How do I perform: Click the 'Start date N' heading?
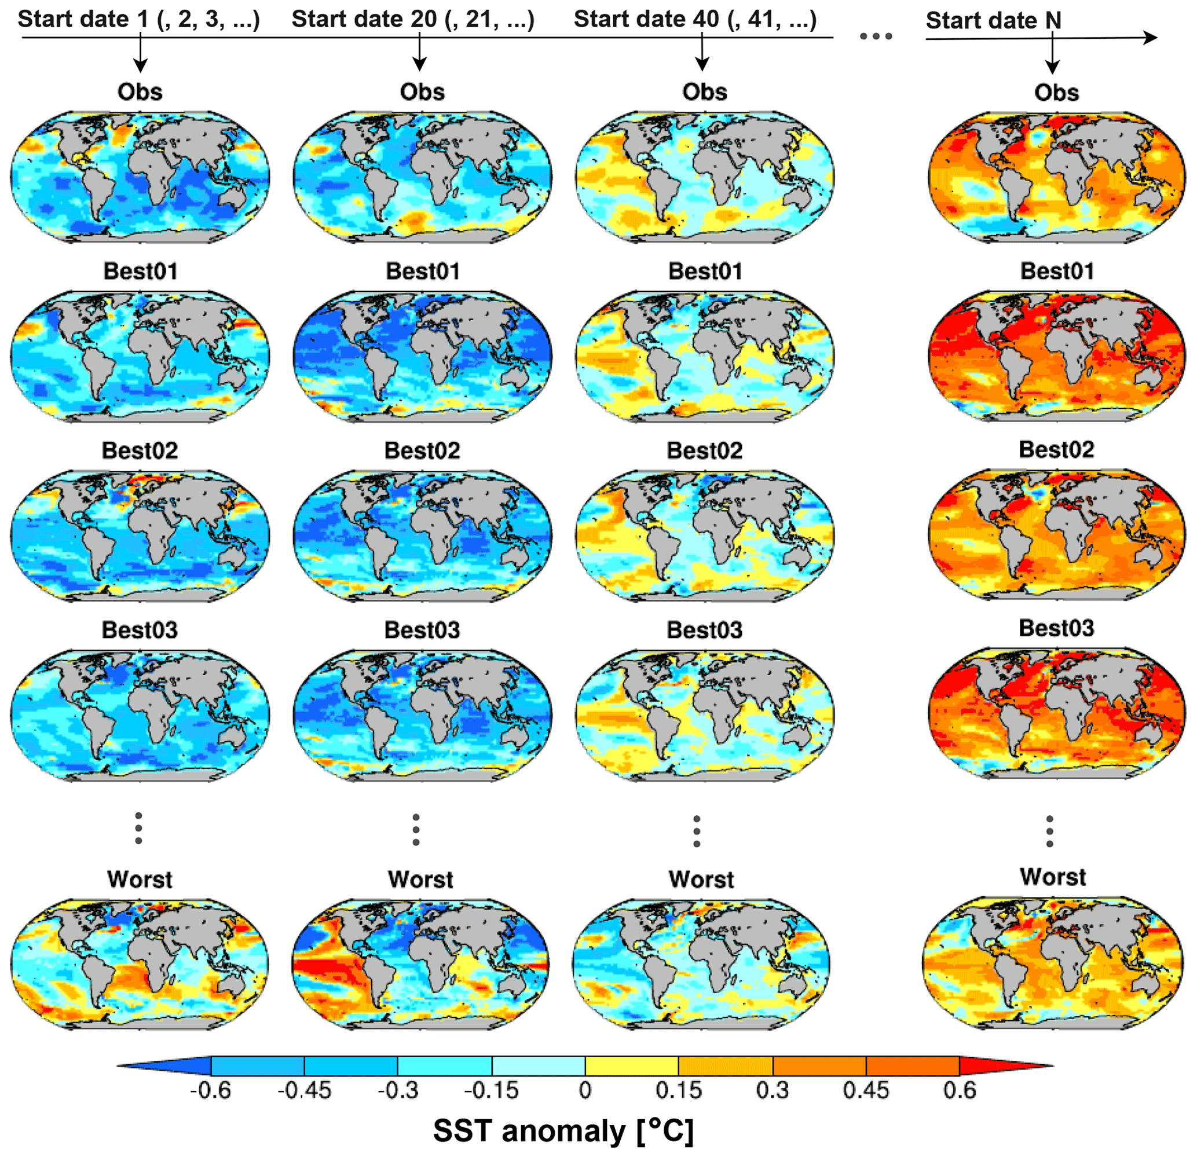point(994,20)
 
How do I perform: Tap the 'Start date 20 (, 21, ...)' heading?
point(413,19)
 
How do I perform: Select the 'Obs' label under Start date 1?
point(140,91)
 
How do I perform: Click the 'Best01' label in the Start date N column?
point(1057,270)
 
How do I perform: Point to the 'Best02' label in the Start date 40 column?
point(705,450)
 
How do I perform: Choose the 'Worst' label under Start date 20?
point(421,880)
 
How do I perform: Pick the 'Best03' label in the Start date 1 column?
point(140,630)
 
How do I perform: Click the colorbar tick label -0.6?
point(210,1090)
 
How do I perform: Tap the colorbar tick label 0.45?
point(866,1090)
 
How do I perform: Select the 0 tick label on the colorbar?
point(585,1090)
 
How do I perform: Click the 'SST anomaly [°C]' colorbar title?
point(563,1131)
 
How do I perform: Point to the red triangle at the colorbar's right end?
point(1002,1067)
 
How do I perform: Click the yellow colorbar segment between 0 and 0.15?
point(631,1067)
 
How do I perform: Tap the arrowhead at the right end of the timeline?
point(1150,38)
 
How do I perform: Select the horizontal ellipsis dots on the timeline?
point(876,36)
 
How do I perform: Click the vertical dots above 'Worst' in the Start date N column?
point(1050,831)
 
